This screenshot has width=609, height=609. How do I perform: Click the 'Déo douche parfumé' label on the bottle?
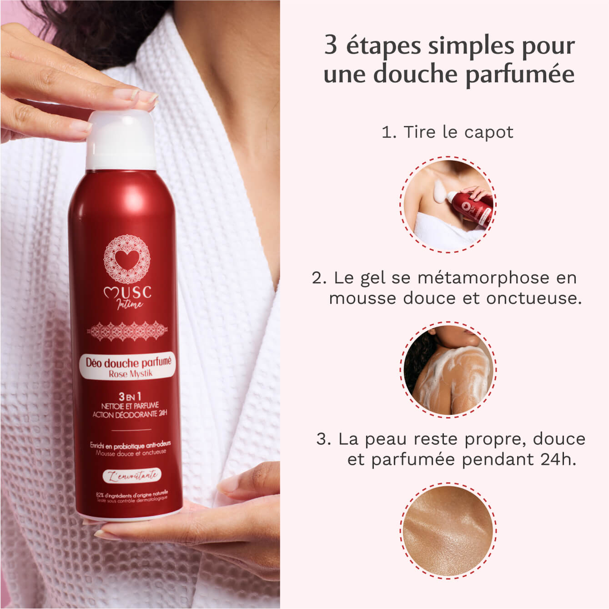129,362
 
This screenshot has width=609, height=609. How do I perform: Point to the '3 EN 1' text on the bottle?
130,396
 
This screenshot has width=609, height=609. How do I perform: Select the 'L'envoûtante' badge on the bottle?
131,476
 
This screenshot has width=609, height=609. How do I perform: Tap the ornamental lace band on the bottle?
127,331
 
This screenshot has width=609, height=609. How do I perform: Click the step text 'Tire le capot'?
458,132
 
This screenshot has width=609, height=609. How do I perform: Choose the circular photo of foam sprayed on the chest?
448,205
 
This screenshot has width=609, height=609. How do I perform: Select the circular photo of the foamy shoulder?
448,369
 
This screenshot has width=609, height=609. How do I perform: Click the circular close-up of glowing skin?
448,531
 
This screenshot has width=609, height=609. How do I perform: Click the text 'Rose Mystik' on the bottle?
131,374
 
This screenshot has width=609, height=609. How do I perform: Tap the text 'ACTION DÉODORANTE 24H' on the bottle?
130,414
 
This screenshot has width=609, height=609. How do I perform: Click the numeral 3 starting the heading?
331,46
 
